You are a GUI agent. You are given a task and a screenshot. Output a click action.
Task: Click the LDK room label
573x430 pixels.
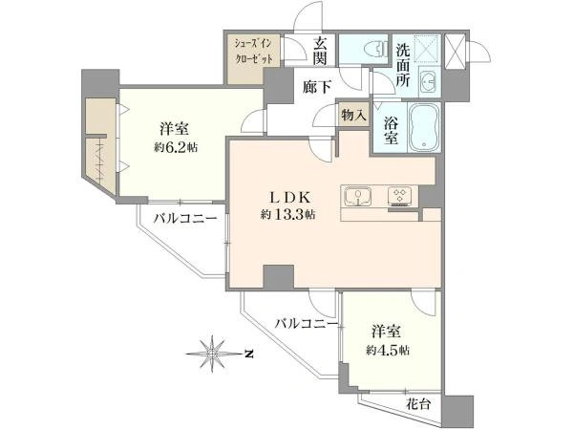tap(290, 198)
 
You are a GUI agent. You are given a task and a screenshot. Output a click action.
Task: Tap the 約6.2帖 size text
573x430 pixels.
tap(176, 147)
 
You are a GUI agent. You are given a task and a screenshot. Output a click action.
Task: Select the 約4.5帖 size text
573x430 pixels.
tap(388, 351)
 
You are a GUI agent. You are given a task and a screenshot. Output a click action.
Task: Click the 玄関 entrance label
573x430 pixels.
tap(320, 52)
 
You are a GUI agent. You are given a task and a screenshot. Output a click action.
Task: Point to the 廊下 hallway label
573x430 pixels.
tap(317, 87)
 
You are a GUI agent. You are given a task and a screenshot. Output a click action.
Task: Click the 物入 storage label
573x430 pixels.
tap(353, 116)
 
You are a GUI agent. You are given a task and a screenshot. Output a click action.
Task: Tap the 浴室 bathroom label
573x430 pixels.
tap(391, 131)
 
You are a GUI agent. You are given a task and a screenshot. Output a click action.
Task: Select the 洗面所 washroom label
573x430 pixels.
tap(403, 65)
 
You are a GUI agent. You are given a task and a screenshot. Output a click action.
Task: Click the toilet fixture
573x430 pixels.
tap(377, 49)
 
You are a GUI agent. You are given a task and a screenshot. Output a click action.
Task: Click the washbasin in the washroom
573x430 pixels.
tap(429, 81)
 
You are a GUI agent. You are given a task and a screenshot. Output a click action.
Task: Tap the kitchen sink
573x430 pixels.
tap(358, 197)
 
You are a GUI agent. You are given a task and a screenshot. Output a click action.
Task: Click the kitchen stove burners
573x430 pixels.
tap(400, 196)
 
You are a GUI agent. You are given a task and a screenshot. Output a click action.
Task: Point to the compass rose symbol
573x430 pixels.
tap(212, 354)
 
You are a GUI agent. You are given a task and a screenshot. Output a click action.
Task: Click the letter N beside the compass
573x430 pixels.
tap(249, 354)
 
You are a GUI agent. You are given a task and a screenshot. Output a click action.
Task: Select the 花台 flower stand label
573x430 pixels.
tap(418, 404)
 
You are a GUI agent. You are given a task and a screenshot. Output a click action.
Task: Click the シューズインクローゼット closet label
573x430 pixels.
tap(253, 52)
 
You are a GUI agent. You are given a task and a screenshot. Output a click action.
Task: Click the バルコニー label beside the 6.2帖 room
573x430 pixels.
tap(185, 219)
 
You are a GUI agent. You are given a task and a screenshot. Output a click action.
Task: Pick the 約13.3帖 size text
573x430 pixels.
tap(288, 214)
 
